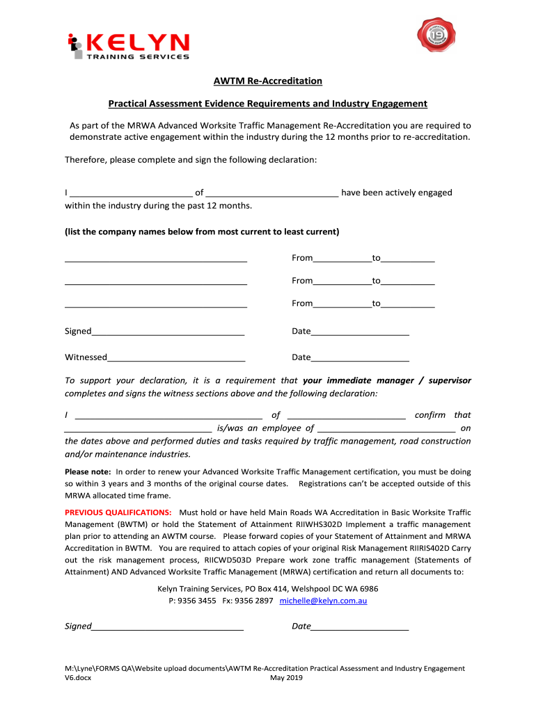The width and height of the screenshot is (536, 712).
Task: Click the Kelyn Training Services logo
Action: (x=129, y=47)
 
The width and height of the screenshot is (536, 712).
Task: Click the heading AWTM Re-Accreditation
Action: (x=267, y=81)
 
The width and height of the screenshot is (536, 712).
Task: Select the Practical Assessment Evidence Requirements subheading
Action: (x=267, y=104)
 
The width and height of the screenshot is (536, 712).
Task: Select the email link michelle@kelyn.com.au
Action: (x=323, y=601)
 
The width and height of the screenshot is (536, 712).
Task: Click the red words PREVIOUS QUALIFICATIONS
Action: (x=118, y=512)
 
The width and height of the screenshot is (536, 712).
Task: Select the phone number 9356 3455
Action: (x=197, y=601)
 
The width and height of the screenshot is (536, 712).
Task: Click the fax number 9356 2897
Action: (x=254, y=601)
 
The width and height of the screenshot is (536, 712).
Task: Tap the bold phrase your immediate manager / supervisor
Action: (x=387, y=381)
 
